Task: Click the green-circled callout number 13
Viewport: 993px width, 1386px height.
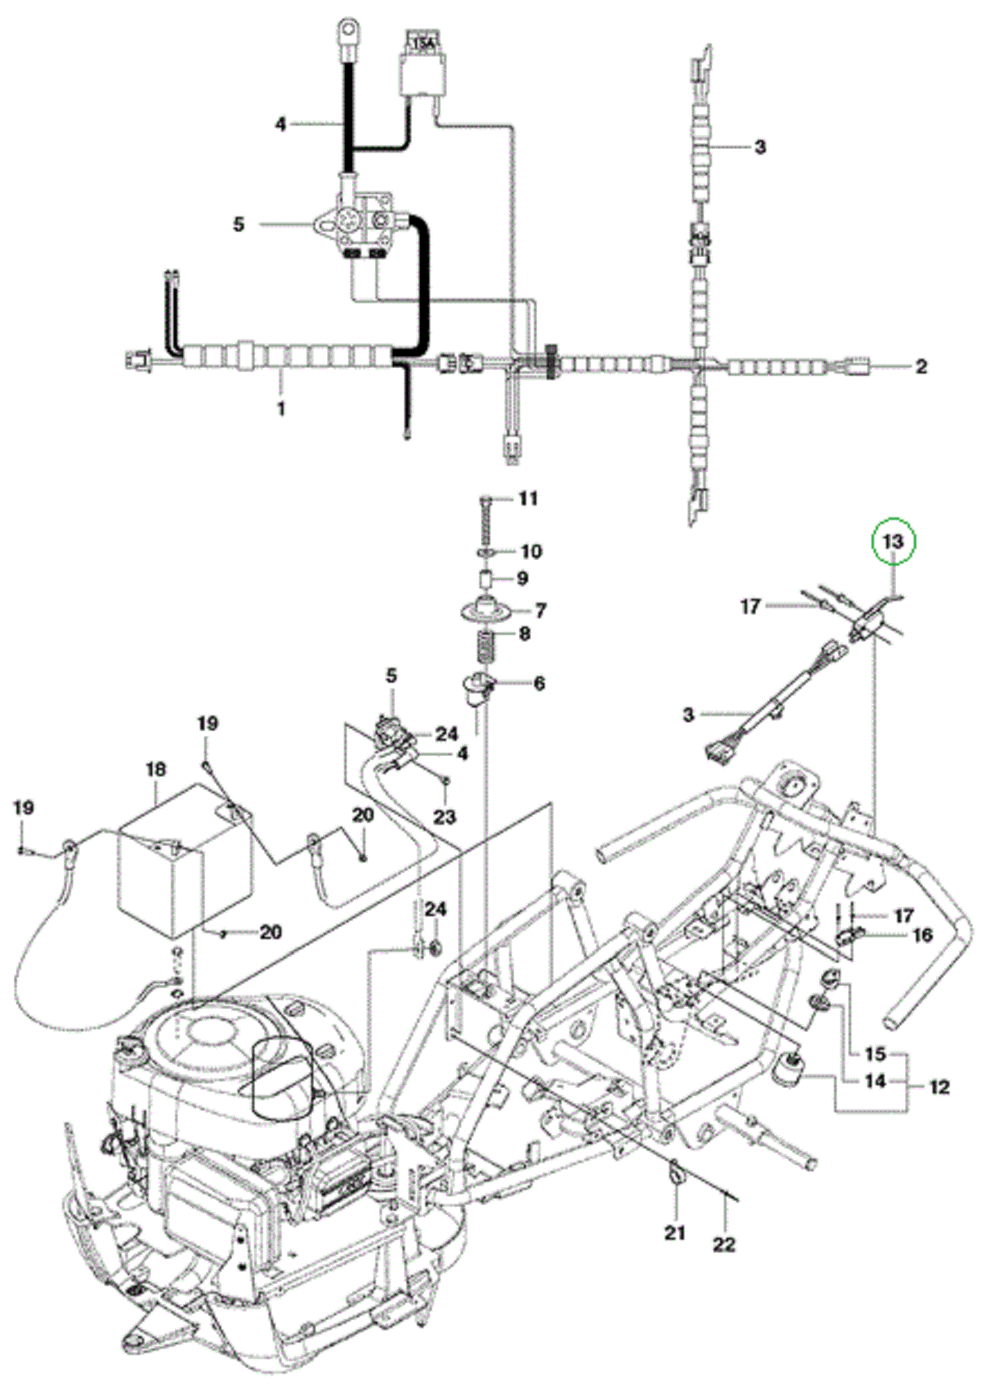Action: click(893, 541)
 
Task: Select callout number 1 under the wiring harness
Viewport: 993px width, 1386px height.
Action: click(281, 409)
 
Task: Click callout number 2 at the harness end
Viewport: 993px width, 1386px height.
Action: click(921, 366)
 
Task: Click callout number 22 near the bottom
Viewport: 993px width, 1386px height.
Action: click(724, 1245)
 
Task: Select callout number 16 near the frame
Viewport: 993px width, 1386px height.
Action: click(922, 935)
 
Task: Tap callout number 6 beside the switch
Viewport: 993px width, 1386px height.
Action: click(538, 683)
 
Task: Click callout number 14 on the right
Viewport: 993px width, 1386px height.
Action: click(876, 1081)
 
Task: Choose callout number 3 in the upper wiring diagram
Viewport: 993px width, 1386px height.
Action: click(760, 147)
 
